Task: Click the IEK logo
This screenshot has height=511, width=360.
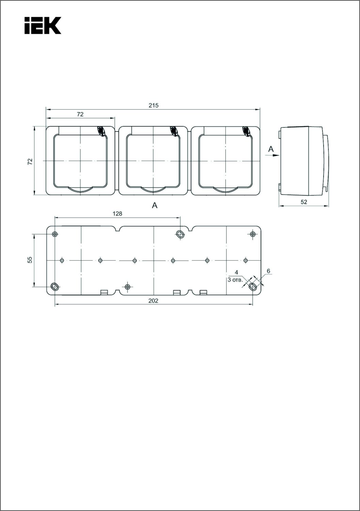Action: [x=43, y=26]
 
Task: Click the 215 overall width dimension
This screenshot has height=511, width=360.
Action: [x=154, y=105]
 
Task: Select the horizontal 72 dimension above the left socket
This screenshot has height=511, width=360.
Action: [x=80, y=114]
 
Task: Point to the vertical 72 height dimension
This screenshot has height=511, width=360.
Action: [x=30, y=161]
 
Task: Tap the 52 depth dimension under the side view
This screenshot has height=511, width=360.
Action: [x=304, y=202]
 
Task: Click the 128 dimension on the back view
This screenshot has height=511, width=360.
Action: [x=117, y=214]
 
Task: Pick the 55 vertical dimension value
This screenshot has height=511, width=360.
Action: [x=30, y=260]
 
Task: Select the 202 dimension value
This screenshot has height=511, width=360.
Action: [x=153, y=301]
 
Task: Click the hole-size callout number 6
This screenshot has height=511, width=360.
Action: [x=268, y=271]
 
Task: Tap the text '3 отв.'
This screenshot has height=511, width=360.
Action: [x=235, y=280]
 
